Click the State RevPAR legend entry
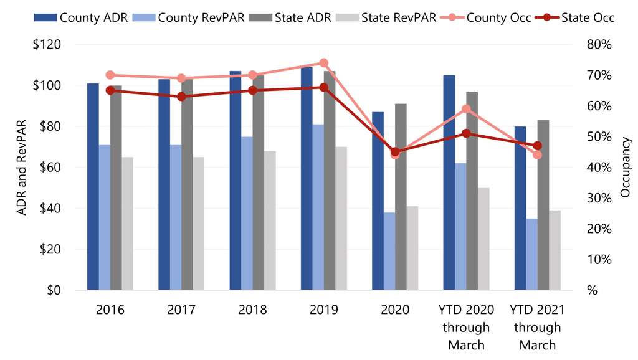(399, 17)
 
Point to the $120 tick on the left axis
(48, 45)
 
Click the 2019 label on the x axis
(324, 310)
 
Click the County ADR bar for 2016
(93, 187)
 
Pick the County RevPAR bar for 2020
(389, 252)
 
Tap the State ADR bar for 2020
(401, 197)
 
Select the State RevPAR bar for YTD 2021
(555, 250)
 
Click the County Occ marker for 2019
(323, 63)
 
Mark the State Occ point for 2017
(181, 97)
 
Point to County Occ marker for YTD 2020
(465, 109)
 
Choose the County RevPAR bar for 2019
(318, 207)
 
